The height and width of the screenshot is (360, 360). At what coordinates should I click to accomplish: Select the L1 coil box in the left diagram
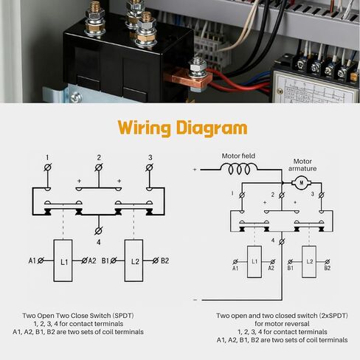pos(63,260)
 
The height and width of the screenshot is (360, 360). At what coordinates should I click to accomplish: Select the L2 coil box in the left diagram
pos(134,260)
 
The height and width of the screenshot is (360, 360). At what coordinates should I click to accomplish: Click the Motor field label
pos(238,156)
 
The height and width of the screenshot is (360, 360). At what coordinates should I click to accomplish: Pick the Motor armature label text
pos(302,165)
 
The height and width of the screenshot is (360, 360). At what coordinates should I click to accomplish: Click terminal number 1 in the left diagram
pos(46,157)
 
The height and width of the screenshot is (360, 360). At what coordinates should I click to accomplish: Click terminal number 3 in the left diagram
pos(150,157)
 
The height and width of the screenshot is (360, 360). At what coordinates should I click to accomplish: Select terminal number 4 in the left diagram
pos(98,240)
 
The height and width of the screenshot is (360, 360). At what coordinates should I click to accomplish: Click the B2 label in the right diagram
pos(327,268)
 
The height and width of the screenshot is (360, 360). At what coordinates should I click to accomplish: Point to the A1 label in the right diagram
pos(235,268)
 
